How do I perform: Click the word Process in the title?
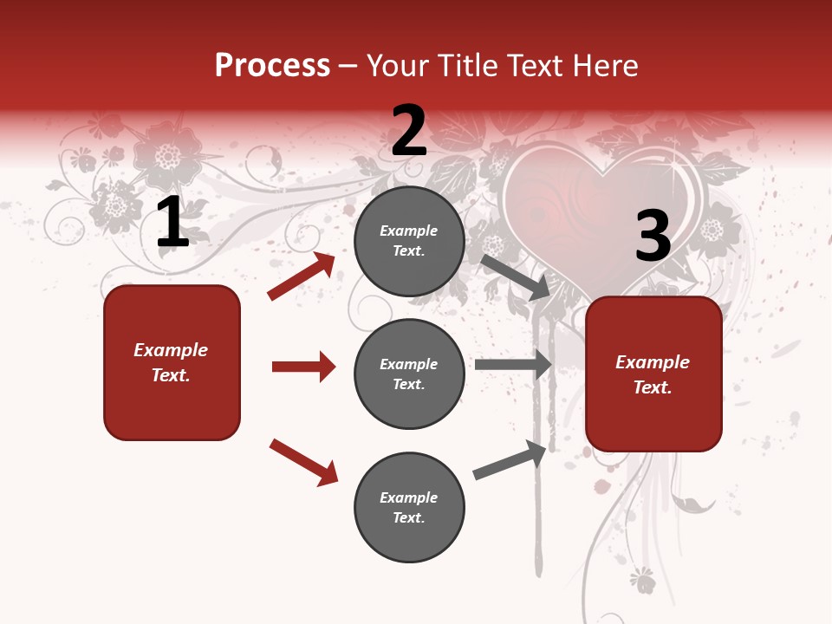[x=272, y=66]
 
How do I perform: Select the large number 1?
[x=172, y=224]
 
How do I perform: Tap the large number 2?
[x=409, y=131]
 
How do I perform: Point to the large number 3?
[x=653, y=237]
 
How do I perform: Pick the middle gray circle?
[x=409, y=374]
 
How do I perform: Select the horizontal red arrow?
[x=303, y=367]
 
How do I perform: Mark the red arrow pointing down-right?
[x=304, y=462]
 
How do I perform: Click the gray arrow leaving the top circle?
[x=516, y=277]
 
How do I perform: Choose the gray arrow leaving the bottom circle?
[x=510, y=460]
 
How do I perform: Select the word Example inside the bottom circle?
[x=408, y=497]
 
